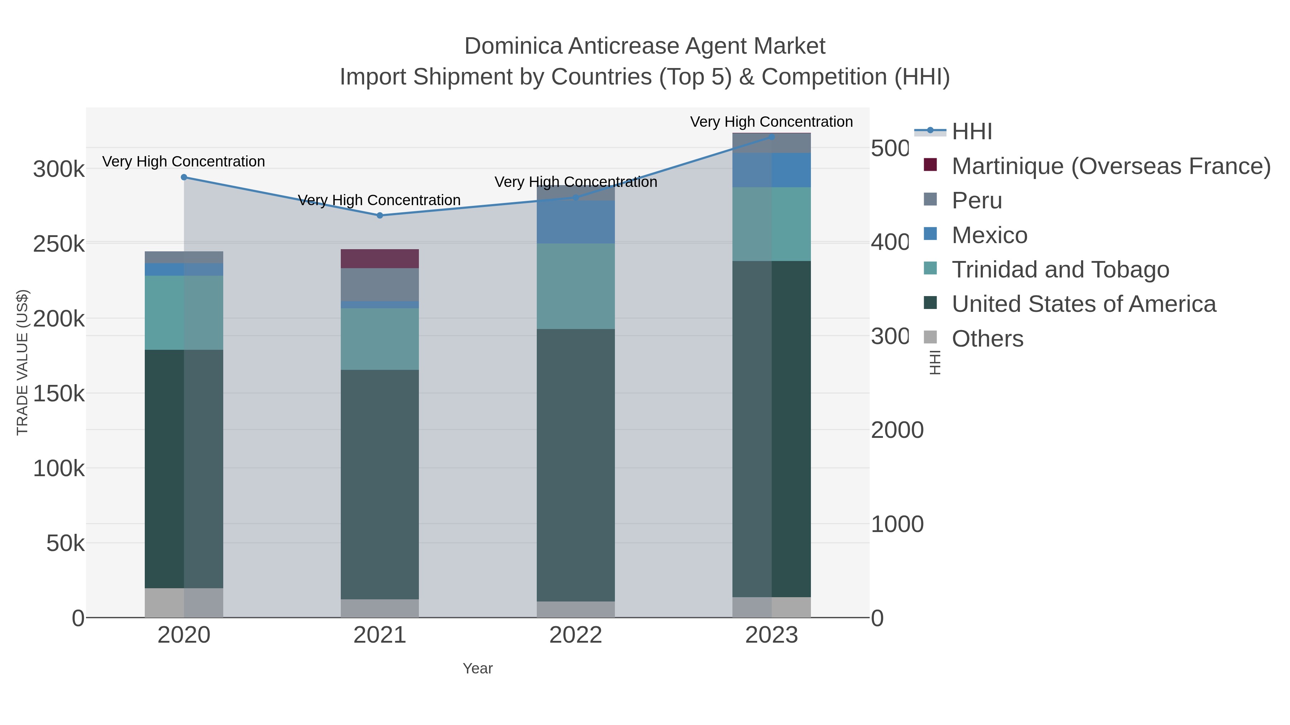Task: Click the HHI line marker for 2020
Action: click(184, 177)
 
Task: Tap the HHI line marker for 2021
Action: click(379, 216)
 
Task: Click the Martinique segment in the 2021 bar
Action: click(379, 259)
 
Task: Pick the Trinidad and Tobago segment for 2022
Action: click(575, 286)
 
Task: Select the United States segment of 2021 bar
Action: click(379, 484)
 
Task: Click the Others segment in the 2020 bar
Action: click(184, 603)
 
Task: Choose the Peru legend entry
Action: click(976, 200)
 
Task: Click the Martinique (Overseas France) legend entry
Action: click(1111, 166)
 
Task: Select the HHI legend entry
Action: click(971, 132)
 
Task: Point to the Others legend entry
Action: click(987, 339)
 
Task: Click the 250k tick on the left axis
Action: click(59, 245)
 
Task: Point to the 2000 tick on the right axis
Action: click(897, 430)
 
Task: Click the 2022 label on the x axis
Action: click(575, 635)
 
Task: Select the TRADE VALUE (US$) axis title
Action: click(23, 362)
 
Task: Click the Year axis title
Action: click(477, 668)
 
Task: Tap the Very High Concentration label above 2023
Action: click(771, 122)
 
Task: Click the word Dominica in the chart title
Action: click(513, 47)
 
